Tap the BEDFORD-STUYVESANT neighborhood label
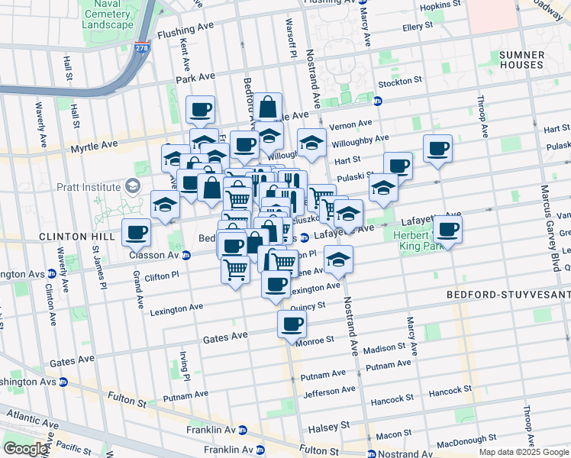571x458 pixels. [508, 294]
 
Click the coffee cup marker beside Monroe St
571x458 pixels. [291, 324]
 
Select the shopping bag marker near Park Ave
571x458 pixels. [268, 107]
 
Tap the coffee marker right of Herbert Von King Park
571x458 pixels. [447, 229]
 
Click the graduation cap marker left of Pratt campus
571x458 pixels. [165, 205]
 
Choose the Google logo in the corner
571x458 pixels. [26, 449]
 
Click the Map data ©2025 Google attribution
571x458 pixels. [524, 452]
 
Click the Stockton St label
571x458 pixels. [396, 80]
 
